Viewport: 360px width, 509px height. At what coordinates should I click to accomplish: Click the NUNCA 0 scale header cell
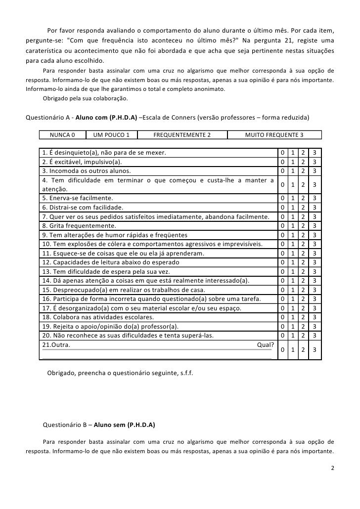click(62, 135)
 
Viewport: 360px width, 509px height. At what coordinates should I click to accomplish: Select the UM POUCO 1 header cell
click(111, 135)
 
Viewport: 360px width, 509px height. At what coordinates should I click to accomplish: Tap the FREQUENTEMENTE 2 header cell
click(182, 135)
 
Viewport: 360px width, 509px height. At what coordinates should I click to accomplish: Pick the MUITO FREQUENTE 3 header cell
click(274, 135)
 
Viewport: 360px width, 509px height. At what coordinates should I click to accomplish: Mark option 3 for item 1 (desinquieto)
click(315, 152)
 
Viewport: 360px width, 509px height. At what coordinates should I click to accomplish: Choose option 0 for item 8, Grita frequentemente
click(282, 225)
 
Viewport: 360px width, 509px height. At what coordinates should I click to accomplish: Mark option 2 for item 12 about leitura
click(304, 262)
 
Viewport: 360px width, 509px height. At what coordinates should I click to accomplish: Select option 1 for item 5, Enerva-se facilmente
click(293, 198)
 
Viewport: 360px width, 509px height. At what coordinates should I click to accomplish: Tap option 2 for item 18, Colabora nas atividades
click(304, 317)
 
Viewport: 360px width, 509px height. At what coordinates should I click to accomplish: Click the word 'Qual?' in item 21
click(266, 345)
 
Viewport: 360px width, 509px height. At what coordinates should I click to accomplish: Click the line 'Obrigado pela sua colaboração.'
click(85, 98)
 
